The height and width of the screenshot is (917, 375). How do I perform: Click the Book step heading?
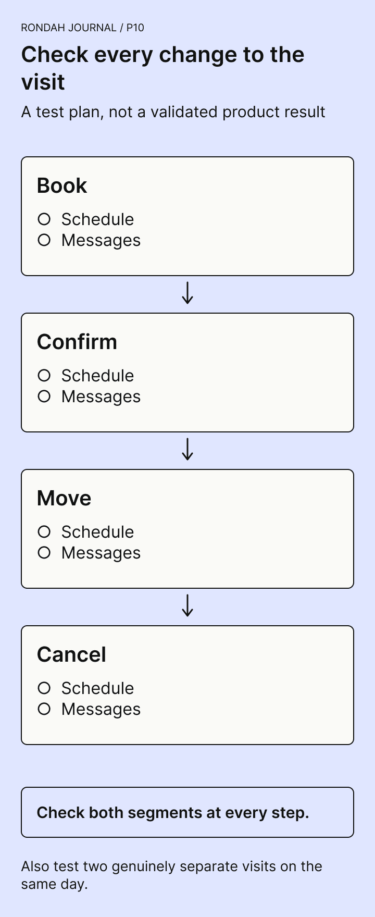pos(62,186)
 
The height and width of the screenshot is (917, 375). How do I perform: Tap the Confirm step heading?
pos(77,342)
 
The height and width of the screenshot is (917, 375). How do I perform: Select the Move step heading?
pos(64,499)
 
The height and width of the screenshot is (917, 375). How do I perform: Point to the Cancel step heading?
pos(71,655)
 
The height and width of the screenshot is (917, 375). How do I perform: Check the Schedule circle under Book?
pos(44,219)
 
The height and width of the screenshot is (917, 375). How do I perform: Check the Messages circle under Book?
pos(44,240)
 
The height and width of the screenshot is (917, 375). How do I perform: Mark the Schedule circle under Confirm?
pos(44,375)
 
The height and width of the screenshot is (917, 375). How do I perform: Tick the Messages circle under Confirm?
pos(44,396)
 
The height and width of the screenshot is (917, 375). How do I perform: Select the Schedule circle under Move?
pos(44,531)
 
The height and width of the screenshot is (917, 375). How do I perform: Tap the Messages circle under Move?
pos(44,552)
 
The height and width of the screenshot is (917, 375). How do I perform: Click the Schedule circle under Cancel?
pos(44,688)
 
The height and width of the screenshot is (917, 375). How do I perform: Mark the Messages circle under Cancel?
pos(44,709)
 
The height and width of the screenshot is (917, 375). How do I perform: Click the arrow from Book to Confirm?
pos(187,293)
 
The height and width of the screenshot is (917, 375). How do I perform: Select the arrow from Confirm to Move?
pos(187,450)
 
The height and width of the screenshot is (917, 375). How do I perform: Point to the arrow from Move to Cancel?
pos(187,606)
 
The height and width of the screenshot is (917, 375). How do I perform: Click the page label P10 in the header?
pos(135,28)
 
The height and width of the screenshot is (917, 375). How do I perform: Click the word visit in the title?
pos(43,82)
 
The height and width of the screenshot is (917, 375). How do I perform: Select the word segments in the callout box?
pos(174,813)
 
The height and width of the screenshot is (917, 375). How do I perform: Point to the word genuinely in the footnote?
pos(144,867)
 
